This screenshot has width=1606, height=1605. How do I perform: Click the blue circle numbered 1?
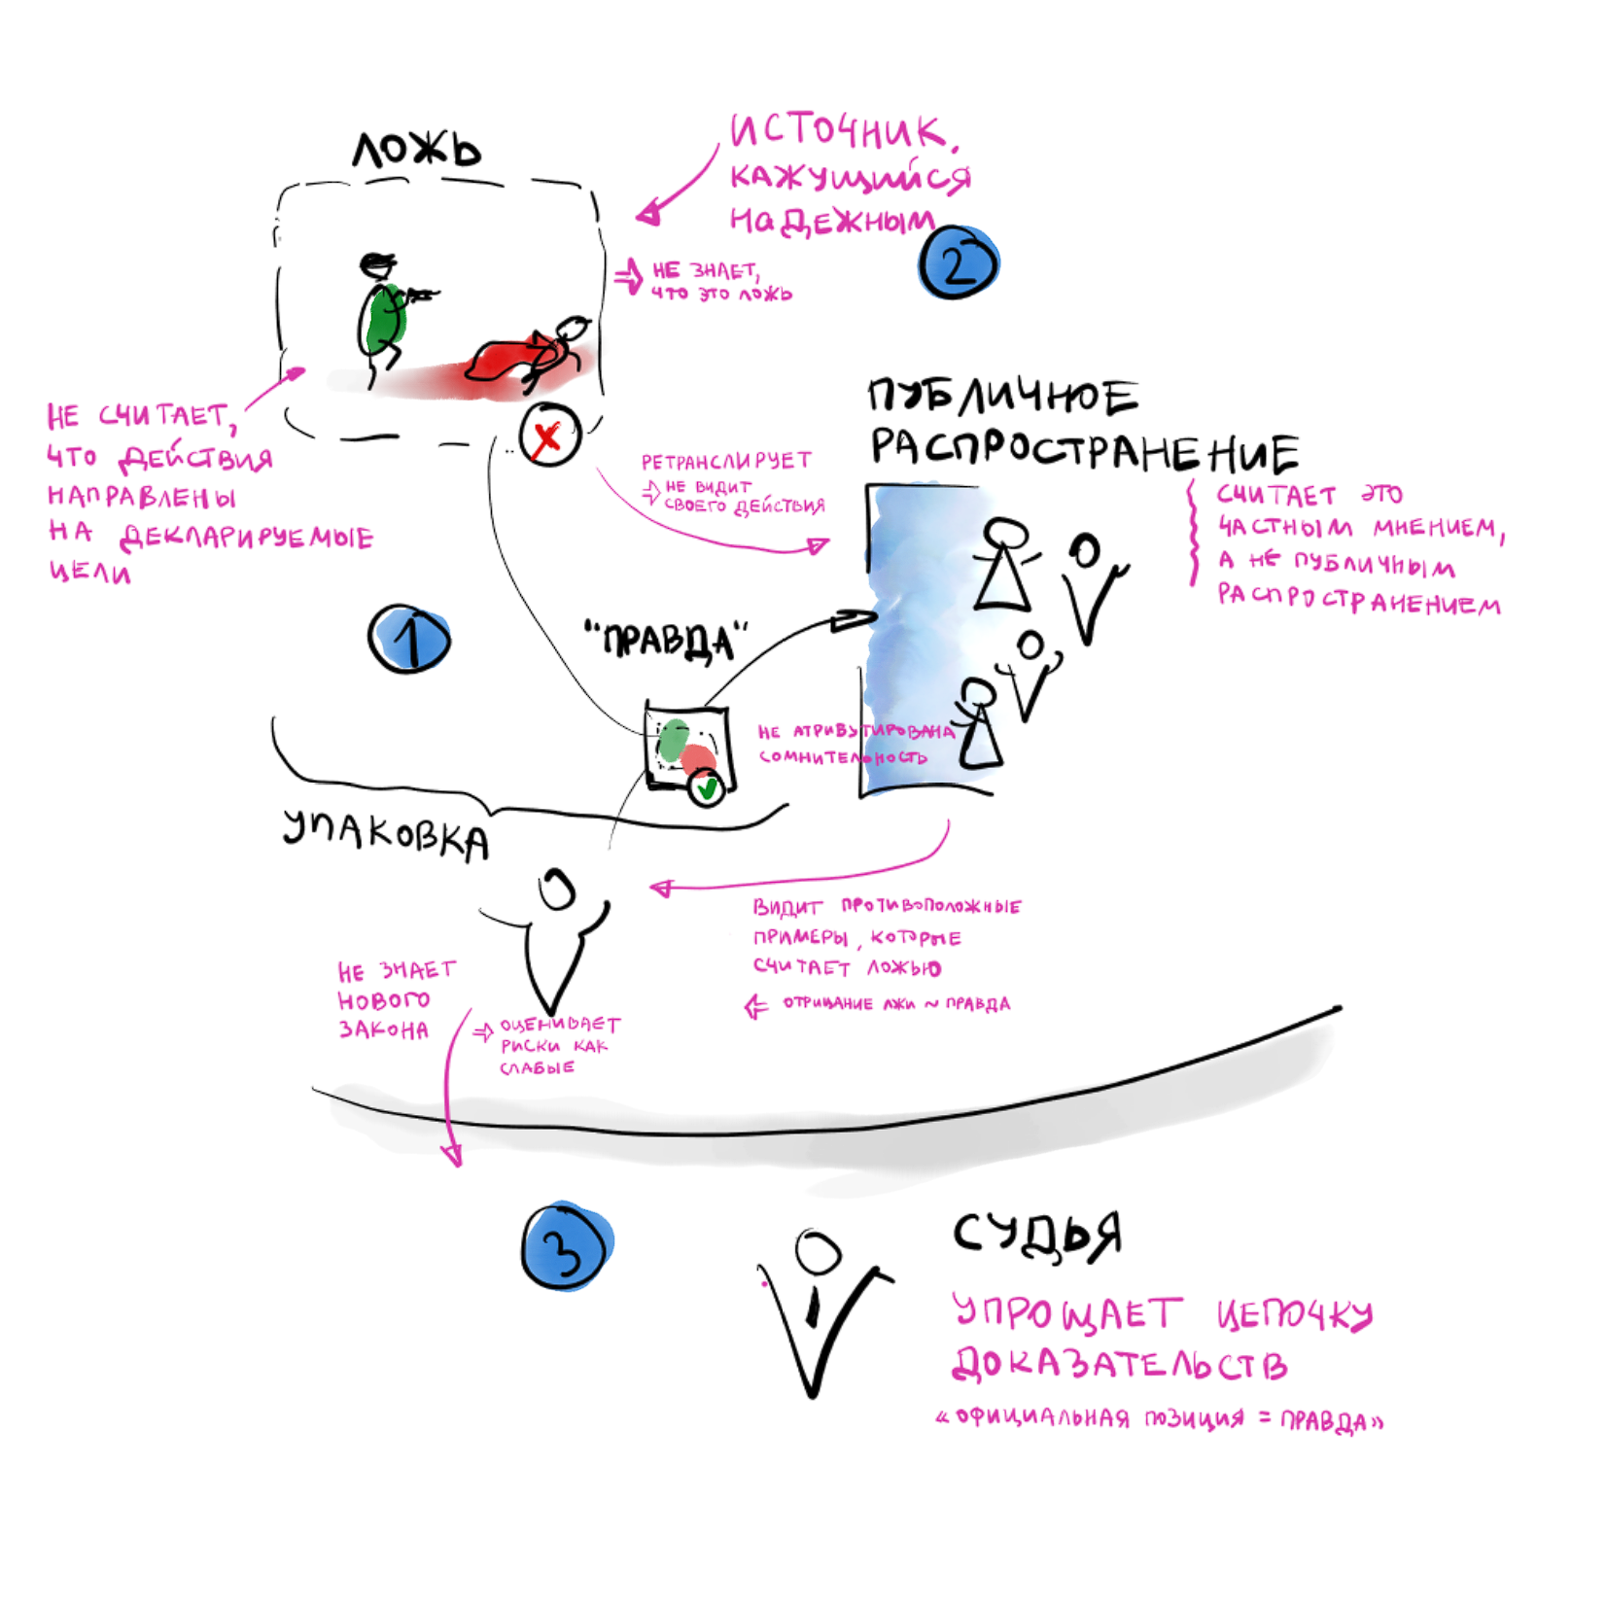409,640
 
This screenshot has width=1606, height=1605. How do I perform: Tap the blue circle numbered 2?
959,262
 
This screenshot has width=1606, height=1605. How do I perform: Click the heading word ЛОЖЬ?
417,151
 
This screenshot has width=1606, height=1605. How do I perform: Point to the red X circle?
549,435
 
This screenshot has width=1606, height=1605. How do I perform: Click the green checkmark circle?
707,788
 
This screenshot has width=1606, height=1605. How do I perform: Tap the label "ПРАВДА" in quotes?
667,641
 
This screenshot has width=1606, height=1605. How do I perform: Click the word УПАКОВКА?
386,834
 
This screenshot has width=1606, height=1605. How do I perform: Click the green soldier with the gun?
387,316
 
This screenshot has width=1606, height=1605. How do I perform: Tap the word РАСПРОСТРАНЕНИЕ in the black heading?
1084,449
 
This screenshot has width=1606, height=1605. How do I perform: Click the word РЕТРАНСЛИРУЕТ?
726,461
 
